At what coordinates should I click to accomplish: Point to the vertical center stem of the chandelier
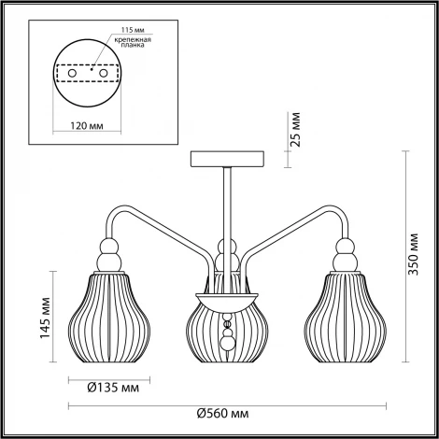click(x=226, y=205)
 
